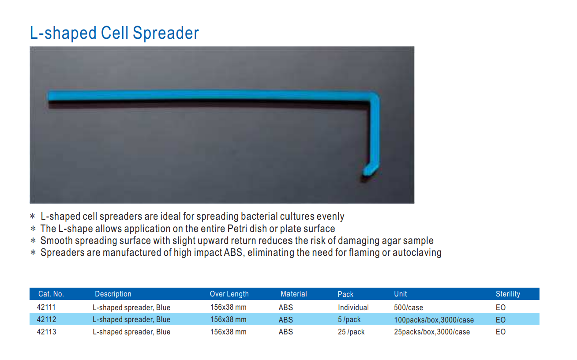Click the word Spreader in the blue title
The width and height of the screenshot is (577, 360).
pyautogui.click(x=165, y=33)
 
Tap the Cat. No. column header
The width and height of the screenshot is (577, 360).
pyautogui.click(x=51, y=294)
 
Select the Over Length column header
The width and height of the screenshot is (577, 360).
pyautogui.click(x=229, y=294)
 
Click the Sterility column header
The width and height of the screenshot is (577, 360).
pyautogui.click(x=508, y=294)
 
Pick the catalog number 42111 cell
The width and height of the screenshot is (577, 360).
pyautogui.click(x=46, y=307)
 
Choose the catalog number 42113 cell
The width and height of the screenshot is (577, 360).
pyautogui.click(x=46, y=332)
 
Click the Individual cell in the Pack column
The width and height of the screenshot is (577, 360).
pyautogui.click(x=353, y=307)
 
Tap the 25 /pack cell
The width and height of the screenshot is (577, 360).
pyautogui.click(x=351, y=332)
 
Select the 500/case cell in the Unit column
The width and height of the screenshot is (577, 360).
pyautogui.click(x=408, y=307)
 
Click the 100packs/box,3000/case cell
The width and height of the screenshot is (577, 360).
pyautogui.click(x=434, y=320)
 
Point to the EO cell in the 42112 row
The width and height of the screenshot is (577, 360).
pyautogui.click(x=501, y=320)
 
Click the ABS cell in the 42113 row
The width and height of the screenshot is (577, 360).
pyautogui.click(x=286, y=332)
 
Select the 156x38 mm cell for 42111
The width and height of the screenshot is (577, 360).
pyautogui.click(x=228, y=307)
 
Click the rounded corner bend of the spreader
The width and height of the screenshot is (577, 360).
pyautogui.click(x=374, y=97)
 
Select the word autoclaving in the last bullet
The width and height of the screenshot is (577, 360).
pyautogui.click(x=417, y=253)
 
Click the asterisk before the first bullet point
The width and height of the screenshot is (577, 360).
pyautogui.click(x=33, y=216)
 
